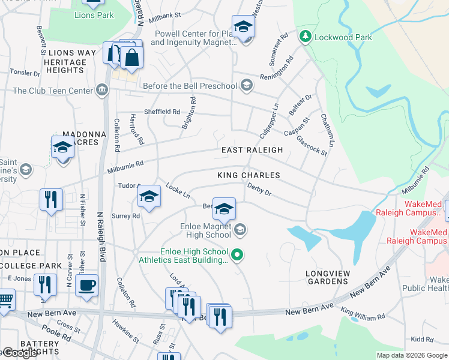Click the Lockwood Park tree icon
click(306, 37)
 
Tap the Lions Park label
click(93, 15)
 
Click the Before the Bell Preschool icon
click(246, 86)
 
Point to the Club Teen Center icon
click(102, 91)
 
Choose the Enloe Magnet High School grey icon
click(240, 229)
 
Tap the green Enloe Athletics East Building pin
click(237, 256)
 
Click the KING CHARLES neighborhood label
click(249, 175)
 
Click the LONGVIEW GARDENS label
click(328, 278)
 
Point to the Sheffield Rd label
click(161, 112)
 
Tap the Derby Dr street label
click(259, 189)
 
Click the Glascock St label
click(312, 145)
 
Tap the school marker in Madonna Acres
click(62, 147)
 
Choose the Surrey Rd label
click(125, 216)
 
